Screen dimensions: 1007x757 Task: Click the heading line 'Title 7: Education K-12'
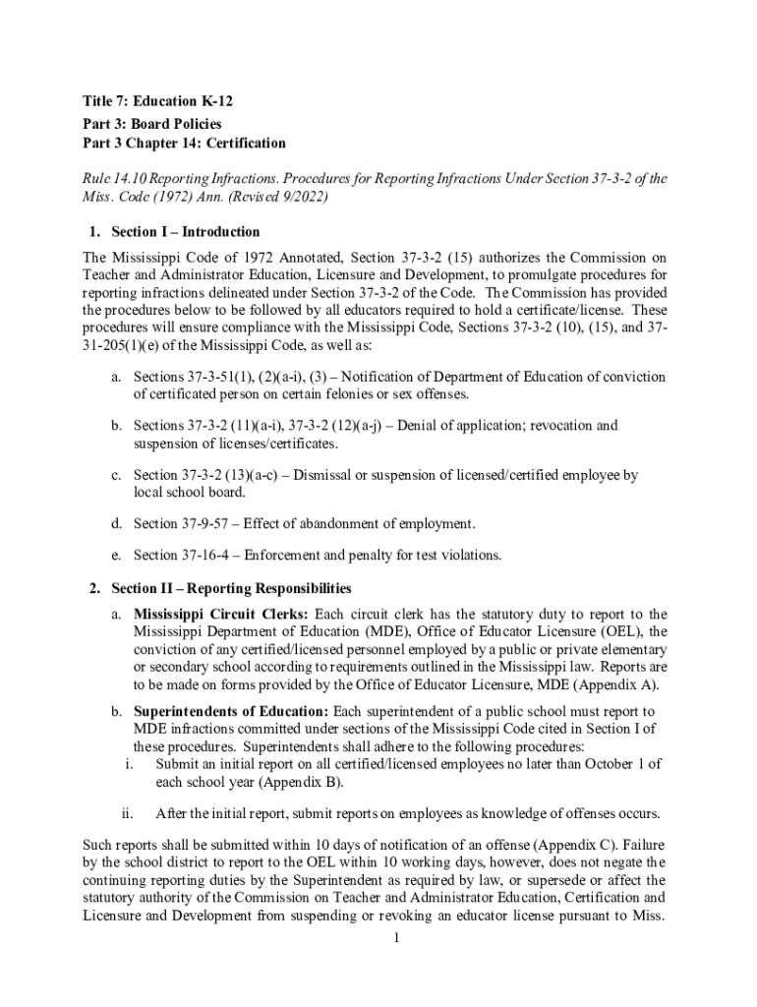158,101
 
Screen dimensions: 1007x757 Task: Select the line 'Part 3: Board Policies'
152,123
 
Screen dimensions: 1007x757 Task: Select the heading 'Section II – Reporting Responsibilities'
231,589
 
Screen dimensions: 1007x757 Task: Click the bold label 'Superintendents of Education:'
232,711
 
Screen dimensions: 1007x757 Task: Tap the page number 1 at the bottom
394,938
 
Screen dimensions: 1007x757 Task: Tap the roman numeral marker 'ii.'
127,813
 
